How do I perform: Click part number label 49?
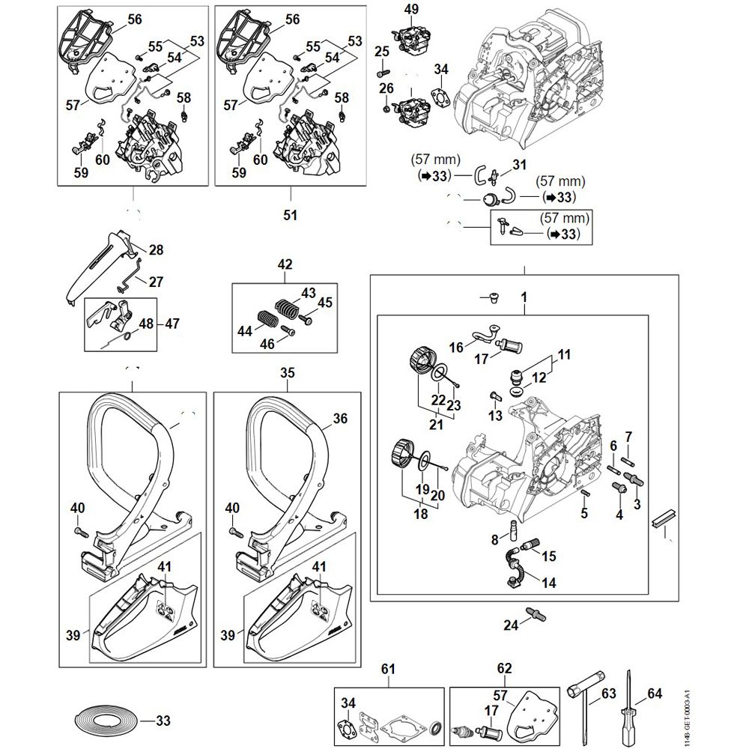point(411,9)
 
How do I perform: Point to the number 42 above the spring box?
point(285,264)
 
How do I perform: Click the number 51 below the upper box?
point(290,215)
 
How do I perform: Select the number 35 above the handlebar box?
point(288,372)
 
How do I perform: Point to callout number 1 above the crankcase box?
point(524,297)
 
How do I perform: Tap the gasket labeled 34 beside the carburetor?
point(437,98)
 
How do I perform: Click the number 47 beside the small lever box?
point(172,324)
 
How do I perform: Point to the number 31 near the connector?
point(519,165)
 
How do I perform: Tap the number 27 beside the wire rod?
point(156,282)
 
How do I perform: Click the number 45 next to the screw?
point(324,303)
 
